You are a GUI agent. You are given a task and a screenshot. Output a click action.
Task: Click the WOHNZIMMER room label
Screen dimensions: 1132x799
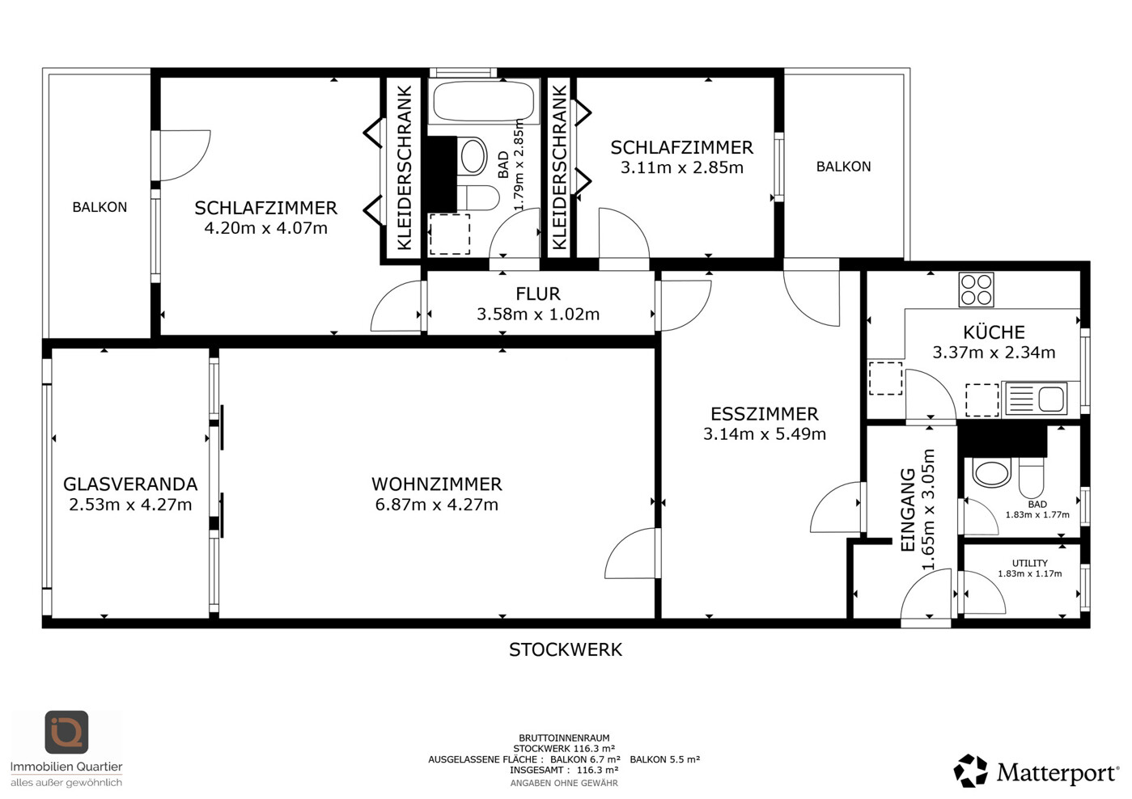(437, 484)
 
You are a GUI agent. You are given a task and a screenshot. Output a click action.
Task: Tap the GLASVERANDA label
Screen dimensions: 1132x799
(130, 484)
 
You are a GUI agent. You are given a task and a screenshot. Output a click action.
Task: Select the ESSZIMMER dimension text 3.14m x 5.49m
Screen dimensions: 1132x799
(765, 433)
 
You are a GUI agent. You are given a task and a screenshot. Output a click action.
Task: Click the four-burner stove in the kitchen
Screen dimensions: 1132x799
(976, 290)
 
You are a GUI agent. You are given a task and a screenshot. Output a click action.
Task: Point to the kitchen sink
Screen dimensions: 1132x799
(1036, 399)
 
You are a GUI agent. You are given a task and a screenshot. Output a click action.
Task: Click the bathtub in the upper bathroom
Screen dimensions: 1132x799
(484, 102)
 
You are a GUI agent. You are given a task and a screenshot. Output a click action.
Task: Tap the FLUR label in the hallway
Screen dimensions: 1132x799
(538, 294)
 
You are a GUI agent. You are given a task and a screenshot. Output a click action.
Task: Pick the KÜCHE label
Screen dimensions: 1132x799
(994, 332)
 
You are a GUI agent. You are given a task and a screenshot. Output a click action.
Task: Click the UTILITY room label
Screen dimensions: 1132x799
(1029, 563)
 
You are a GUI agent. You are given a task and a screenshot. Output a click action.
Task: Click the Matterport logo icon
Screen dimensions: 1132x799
(970, 771)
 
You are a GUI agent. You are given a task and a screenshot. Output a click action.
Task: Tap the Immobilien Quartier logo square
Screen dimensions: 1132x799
(66, 732)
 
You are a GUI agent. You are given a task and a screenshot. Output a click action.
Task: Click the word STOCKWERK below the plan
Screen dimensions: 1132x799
(566, 650)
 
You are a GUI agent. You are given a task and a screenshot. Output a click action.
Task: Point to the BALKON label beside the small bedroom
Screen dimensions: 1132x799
(843, 167)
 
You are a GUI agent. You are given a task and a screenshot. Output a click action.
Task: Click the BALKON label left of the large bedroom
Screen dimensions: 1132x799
(100, 207)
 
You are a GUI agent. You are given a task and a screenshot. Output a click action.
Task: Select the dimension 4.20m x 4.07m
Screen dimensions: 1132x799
(266, 228)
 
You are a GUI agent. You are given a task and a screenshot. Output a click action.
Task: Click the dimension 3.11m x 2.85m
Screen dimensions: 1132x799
(682, 167)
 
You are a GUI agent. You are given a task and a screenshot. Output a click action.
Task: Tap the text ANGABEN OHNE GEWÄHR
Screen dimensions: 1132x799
(564, 784)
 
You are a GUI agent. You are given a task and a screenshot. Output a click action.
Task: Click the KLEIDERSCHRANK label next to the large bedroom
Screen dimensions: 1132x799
(405, 167)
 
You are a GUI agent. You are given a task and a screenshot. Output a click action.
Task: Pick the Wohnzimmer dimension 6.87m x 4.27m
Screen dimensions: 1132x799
(437, 505)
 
